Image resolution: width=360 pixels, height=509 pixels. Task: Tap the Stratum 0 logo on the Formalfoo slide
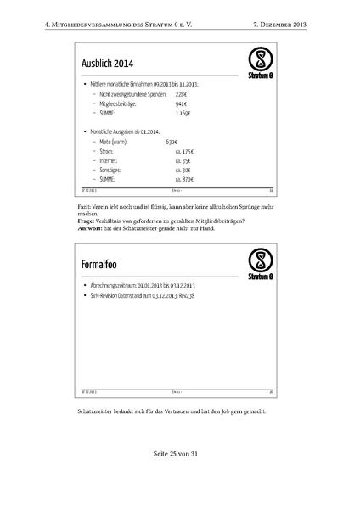click(x=262, y=263)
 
